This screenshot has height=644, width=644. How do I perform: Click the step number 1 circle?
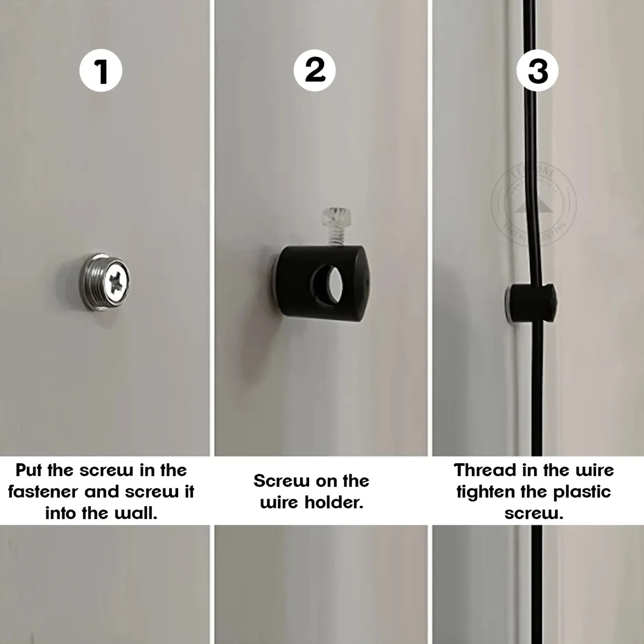coord(101,71)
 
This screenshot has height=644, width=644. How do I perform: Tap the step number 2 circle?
coord(315,70)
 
